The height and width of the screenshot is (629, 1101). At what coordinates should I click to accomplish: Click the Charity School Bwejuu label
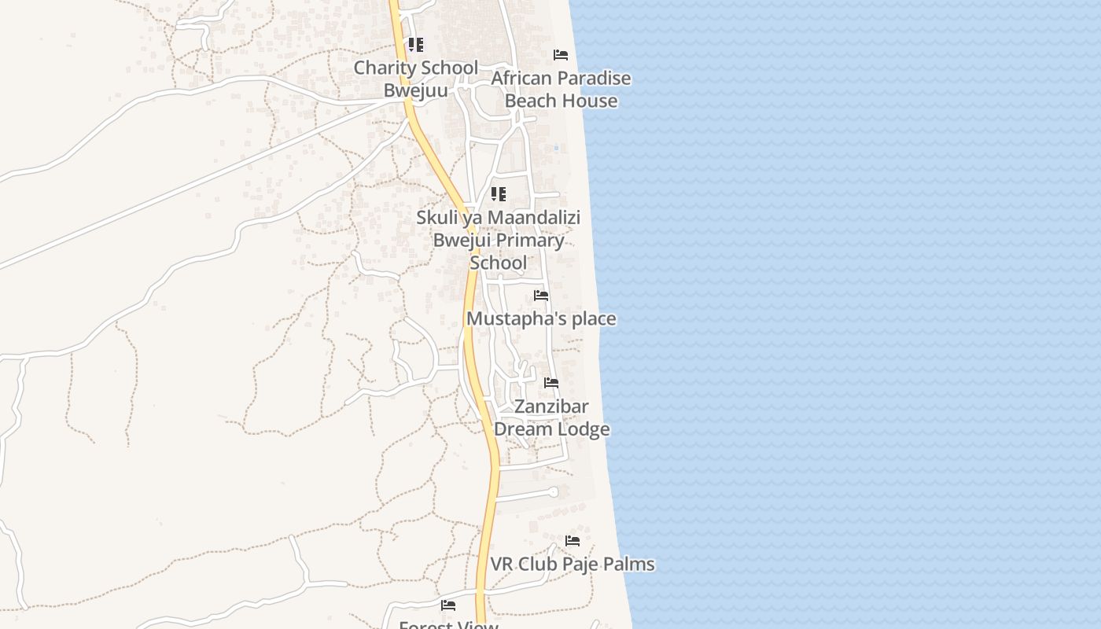(415, 79)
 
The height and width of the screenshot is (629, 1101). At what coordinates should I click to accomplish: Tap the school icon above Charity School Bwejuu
(415, 45)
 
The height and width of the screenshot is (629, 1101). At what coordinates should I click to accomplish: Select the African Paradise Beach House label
(561, 90)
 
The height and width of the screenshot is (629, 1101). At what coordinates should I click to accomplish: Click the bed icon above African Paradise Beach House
(561, 55)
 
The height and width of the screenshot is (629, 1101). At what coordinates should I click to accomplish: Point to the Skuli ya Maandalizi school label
(499, 240)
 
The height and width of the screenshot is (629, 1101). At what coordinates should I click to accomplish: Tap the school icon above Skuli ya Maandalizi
(498, 194)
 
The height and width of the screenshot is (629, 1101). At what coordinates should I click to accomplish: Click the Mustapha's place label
(541, 318)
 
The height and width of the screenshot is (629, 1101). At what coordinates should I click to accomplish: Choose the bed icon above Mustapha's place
(541, 296)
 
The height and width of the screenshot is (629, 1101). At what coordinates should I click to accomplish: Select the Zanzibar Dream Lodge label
(551, 417)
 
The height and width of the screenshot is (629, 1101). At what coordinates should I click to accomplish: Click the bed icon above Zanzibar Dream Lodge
(551, 383)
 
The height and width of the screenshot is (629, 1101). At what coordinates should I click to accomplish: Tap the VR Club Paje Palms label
(573, 564)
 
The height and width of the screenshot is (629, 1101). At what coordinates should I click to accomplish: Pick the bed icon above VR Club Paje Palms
(573, 541)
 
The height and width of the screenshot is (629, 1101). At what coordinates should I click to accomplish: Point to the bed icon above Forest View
(448, 605)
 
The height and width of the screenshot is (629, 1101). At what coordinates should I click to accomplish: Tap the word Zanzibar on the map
(551, 406)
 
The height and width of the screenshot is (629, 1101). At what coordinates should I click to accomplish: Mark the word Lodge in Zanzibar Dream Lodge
(581, 429)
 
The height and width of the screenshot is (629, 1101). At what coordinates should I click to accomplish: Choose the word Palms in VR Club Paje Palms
(630, 564)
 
